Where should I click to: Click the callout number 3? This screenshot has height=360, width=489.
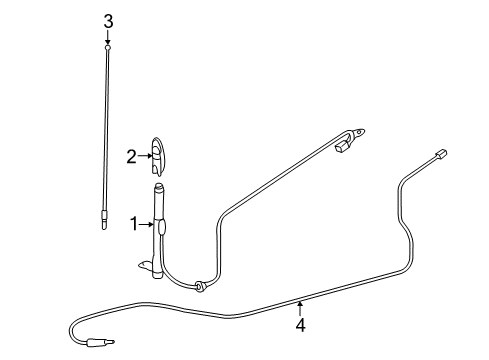click(x=108, y=21)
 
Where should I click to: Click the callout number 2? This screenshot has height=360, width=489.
click(x=131, y=155)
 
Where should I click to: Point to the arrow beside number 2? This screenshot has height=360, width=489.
click(x=144, y=155)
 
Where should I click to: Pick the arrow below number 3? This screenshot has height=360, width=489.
click(x=108, y=37)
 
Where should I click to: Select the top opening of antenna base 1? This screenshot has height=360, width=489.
click(x=159, y=186)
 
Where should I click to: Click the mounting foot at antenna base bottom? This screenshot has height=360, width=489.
click(x=148, y=265)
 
